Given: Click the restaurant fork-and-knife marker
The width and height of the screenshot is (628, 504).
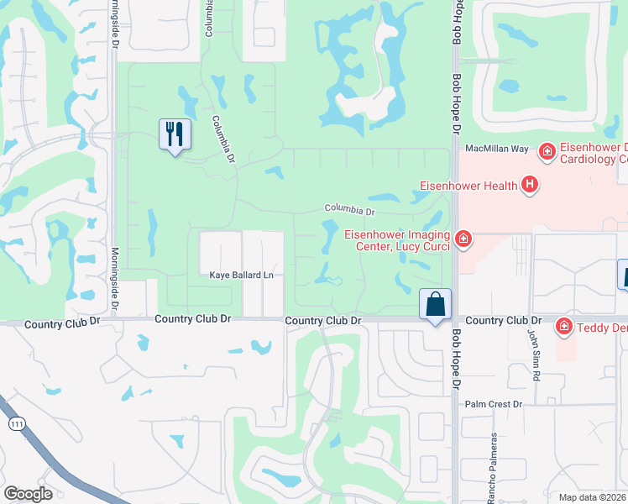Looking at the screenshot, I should coord(175,134).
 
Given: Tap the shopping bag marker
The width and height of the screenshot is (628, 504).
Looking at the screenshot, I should coord(436,305).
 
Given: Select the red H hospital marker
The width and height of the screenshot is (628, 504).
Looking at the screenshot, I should coord(529,184).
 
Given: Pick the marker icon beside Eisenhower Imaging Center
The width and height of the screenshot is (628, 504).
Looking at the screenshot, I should coord(463,240).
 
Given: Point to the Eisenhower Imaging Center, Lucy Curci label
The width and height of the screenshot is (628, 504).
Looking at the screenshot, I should coord(398,240).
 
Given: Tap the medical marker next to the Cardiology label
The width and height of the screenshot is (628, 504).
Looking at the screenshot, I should coord(547,152).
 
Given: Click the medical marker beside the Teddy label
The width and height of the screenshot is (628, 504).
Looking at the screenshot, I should coord(565,327).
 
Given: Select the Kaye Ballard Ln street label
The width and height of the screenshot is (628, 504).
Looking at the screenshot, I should coord(242,275).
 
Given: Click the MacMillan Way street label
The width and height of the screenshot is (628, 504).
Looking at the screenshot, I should coord(497,149).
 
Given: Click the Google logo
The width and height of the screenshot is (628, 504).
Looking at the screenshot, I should coord(27,494).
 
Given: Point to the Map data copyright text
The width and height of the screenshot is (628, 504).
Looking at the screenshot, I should coord(593,497).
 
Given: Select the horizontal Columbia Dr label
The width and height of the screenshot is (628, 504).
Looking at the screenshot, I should coord(349,209).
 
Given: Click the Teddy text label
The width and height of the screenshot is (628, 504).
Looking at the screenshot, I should coord(601,328).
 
